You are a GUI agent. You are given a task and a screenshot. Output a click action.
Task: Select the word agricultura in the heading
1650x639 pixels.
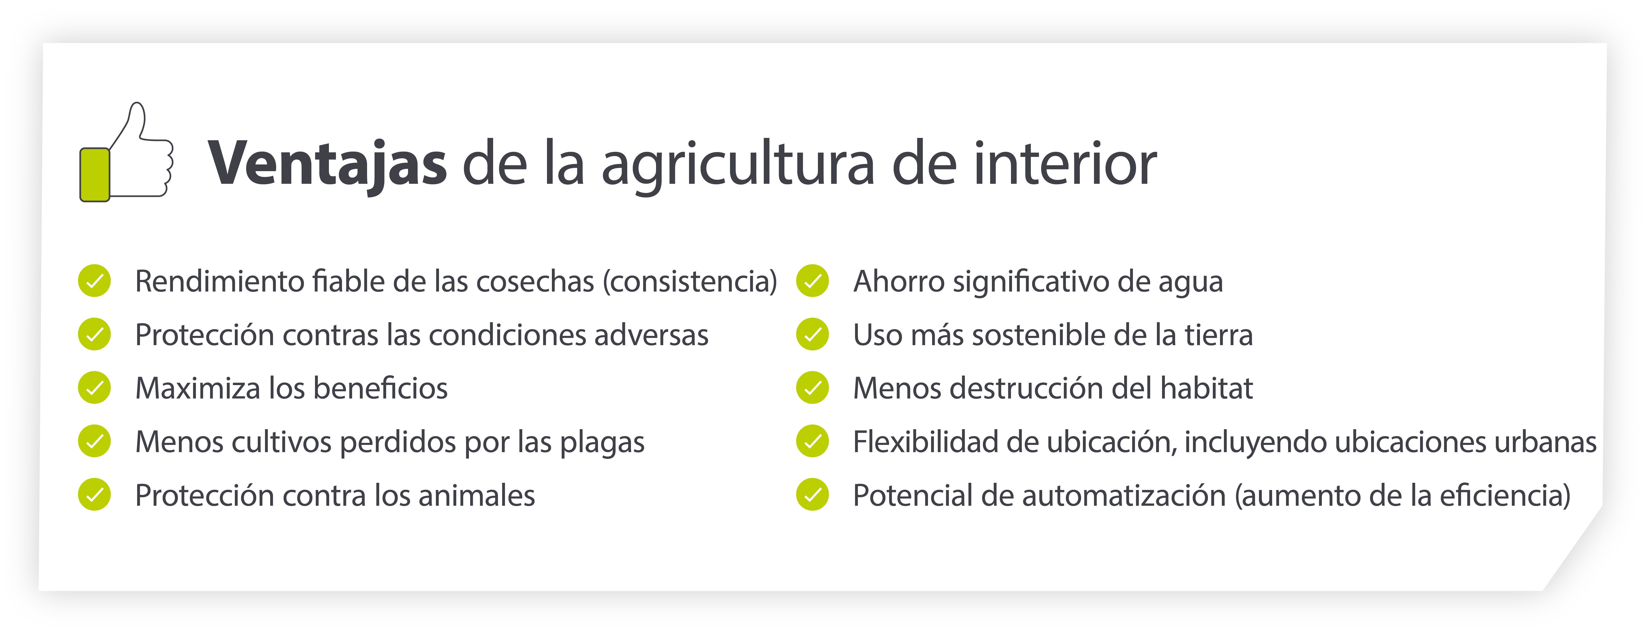tap(738, 167)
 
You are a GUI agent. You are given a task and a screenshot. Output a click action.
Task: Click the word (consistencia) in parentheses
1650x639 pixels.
tap(690, 282)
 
